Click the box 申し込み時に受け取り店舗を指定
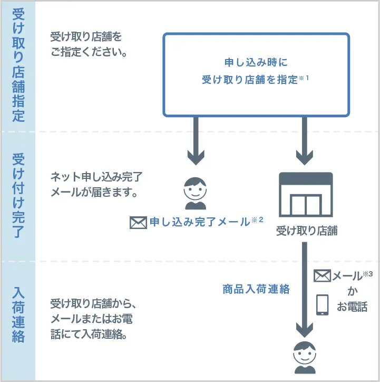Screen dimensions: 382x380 pyautogui.click(x=256, y=74)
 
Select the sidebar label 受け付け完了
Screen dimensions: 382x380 pyautogui.click(x=18, y=195)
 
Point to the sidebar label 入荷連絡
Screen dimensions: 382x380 pyautogui.click(x=18, y=314)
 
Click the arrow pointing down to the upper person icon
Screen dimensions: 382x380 pyautogui.click(x=196, y=140)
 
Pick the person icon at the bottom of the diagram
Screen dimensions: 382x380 pyautogui.click(x=305, y=358)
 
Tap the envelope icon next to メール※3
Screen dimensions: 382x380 pyautogui.click(x=322, y=275)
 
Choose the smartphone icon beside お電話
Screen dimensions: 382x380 pyautogui.click(x=322, y=304)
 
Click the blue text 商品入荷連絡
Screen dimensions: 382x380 pyautogui.click(x=256, y=289)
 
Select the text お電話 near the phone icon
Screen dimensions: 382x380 pyautogui.click(x=352, y=307)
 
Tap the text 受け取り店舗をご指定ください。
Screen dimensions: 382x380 pyautogui.click(x=89, y=45)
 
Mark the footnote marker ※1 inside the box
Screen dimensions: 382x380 pyautogui.click(x=304, y=78)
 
